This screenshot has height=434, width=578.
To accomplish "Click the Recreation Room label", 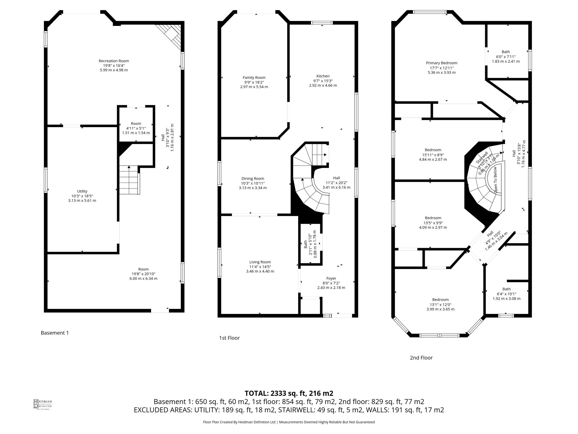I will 114,61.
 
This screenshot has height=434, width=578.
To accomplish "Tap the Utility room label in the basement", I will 82,191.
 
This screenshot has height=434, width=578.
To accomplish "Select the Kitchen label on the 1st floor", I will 323,76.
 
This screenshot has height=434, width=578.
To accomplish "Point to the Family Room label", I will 254,77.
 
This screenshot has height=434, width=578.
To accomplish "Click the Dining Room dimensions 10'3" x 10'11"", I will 253,183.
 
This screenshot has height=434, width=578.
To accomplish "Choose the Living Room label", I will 260,262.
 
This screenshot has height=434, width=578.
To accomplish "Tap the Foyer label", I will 331,278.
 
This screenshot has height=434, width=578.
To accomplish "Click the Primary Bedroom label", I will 441,63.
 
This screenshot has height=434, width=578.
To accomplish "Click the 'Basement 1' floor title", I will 55,333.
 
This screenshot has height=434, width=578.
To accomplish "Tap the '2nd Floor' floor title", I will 421,358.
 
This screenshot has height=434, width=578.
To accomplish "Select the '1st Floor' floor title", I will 229,338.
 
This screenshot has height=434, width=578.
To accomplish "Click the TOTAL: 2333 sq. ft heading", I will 289,393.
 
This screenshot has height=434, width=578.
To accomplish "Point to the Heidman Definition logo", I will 42,404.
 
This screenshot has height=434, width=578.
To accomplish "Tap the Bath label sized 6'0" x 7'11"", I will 506,52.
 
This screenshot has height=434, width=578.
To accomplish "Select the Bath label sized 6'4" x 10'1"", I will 506,289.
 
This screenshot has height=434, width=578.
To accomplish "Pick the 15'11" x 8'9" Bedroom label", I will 433,150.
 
